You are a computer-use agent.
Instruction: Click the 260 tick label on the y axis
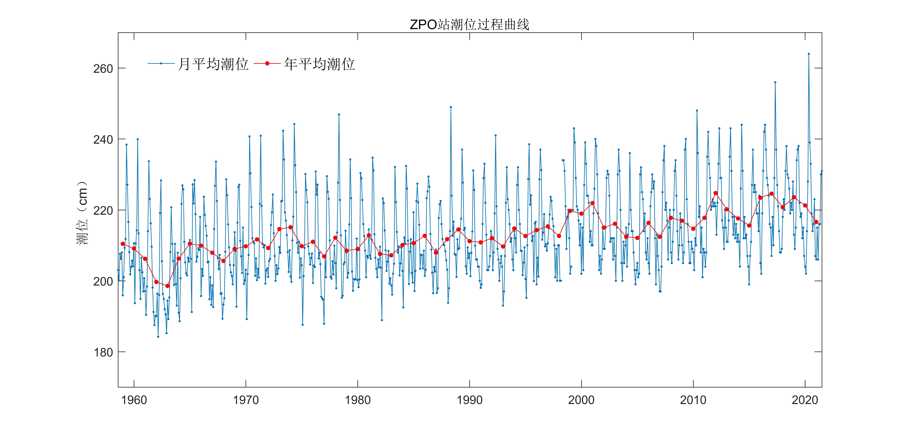pos(103,68)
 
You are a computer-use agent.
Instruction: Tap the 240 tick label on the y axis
pos(103,140)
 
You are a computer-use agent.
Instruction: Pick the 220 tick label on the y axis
pos(103,211)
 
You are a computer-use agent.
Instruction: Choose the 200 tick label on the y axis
pos(103,282)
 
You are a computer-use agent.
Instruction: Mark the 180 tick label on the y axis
pos(103,352)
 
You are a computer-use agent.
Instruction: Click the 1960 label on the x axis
pos(134,400)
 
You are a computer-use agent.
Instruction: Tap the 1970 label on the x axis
pos(246,400)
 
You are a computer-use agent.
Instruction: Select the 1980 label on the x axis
pos(358,400)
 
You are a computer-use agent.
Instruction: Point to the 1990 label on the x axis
pos(470,400)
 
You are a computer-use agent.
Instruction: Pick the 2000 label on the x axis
pos(581,400)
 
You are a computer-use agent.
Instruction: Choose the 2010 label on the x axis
pos(693,400)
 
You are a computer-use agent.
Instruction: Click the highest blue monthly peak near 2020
pos(809,54)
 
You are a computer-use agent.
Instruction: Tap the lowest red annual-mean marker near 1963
pos(167,286)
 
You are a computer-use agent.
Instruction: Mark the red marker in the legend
pos(267,64)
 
